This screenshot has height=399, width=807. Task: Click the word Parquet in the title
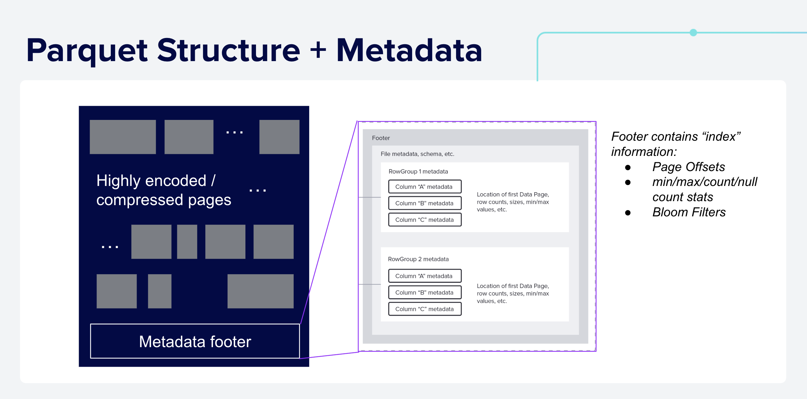(87, 51)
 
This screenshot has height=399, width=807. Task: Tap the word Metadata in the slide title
(409, 51)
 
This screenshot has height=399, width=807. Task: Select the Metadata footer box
(195, 341)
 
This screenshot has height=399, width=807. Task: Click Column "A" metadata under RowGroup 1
(425, 187)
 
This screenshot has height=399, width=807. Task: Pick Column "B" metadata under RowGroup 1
(425, 203)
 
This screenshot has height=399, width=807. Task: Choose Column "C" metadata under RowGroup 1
(425, 220)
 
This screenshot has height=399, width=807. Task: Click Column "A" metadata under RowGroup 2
(425, 276)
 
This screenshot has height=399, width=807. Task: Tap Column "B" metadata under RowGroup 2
(425, 292)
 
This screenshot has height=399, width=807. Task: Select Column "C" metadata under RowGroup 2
(425, 309)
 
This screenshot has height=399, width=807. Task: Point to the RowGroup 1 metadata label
(418, 171)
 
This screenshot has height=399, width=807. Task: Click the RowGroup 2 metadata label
(418, 259)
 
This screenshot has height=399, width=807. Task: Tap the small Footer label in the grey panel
(381, 138)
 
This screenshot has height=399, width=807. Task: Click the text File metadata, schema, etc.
(417, 154)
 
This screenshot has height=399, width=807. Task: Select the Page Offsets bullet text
(689, 167)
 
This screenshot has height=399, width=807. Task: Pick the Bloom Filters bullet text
(689, 212)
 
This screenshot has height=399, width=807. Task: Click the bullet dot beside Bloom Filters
(628, 213)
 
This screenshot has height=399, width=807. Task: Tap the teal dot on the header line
(693, 32)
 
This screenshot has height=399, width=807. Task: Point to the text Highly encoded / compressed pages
(163, 190)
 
